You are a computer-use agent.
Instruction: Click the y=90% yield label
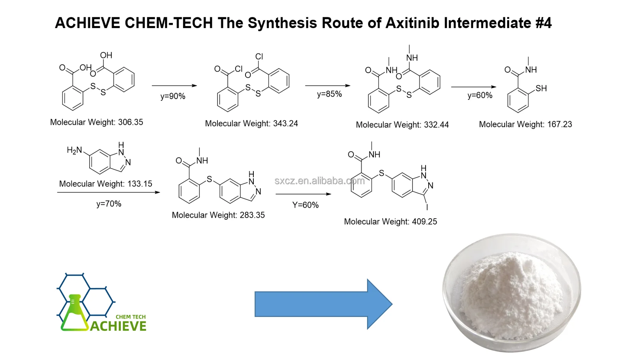tap(172, 96)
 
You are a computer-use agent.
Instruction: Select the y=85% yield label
tap(329, 94)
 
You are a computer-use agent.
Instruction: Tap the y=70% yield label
tap(109, 204)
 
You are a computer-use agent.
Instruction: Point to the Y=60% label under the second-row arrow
tap(305, 205)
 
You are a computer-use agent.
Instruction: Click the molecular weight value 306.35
tap(130, 122)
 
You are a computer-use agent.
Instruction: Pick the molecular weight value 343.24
tap(285, 124)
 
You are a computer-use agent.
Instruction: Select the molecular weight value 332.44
tap(436, 125)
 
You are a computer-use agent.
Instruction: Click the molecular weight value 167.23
tap(559, 124)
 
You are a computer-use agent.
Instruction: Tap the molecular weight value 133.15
tap(139, 184)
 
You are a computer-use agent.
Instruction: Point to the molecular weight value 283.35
tap(252, 215)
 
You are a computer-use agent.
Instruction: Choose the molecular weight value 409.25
tap(424, 222)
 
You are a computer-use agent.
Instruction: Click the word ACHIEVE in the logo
tap(118, 326)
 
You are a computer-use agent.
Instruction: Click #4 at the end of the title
tap(543, 23)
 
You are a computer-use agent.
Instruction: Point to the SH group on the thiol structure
tap(541, 88)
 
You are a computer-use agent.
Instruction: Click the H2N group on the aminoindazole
tap(74, 150)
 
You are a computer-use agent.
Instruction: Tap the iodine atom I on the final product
tap(427, 207)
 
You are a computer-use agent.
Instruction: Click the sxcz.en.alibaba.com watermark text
tap(319, 181)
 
